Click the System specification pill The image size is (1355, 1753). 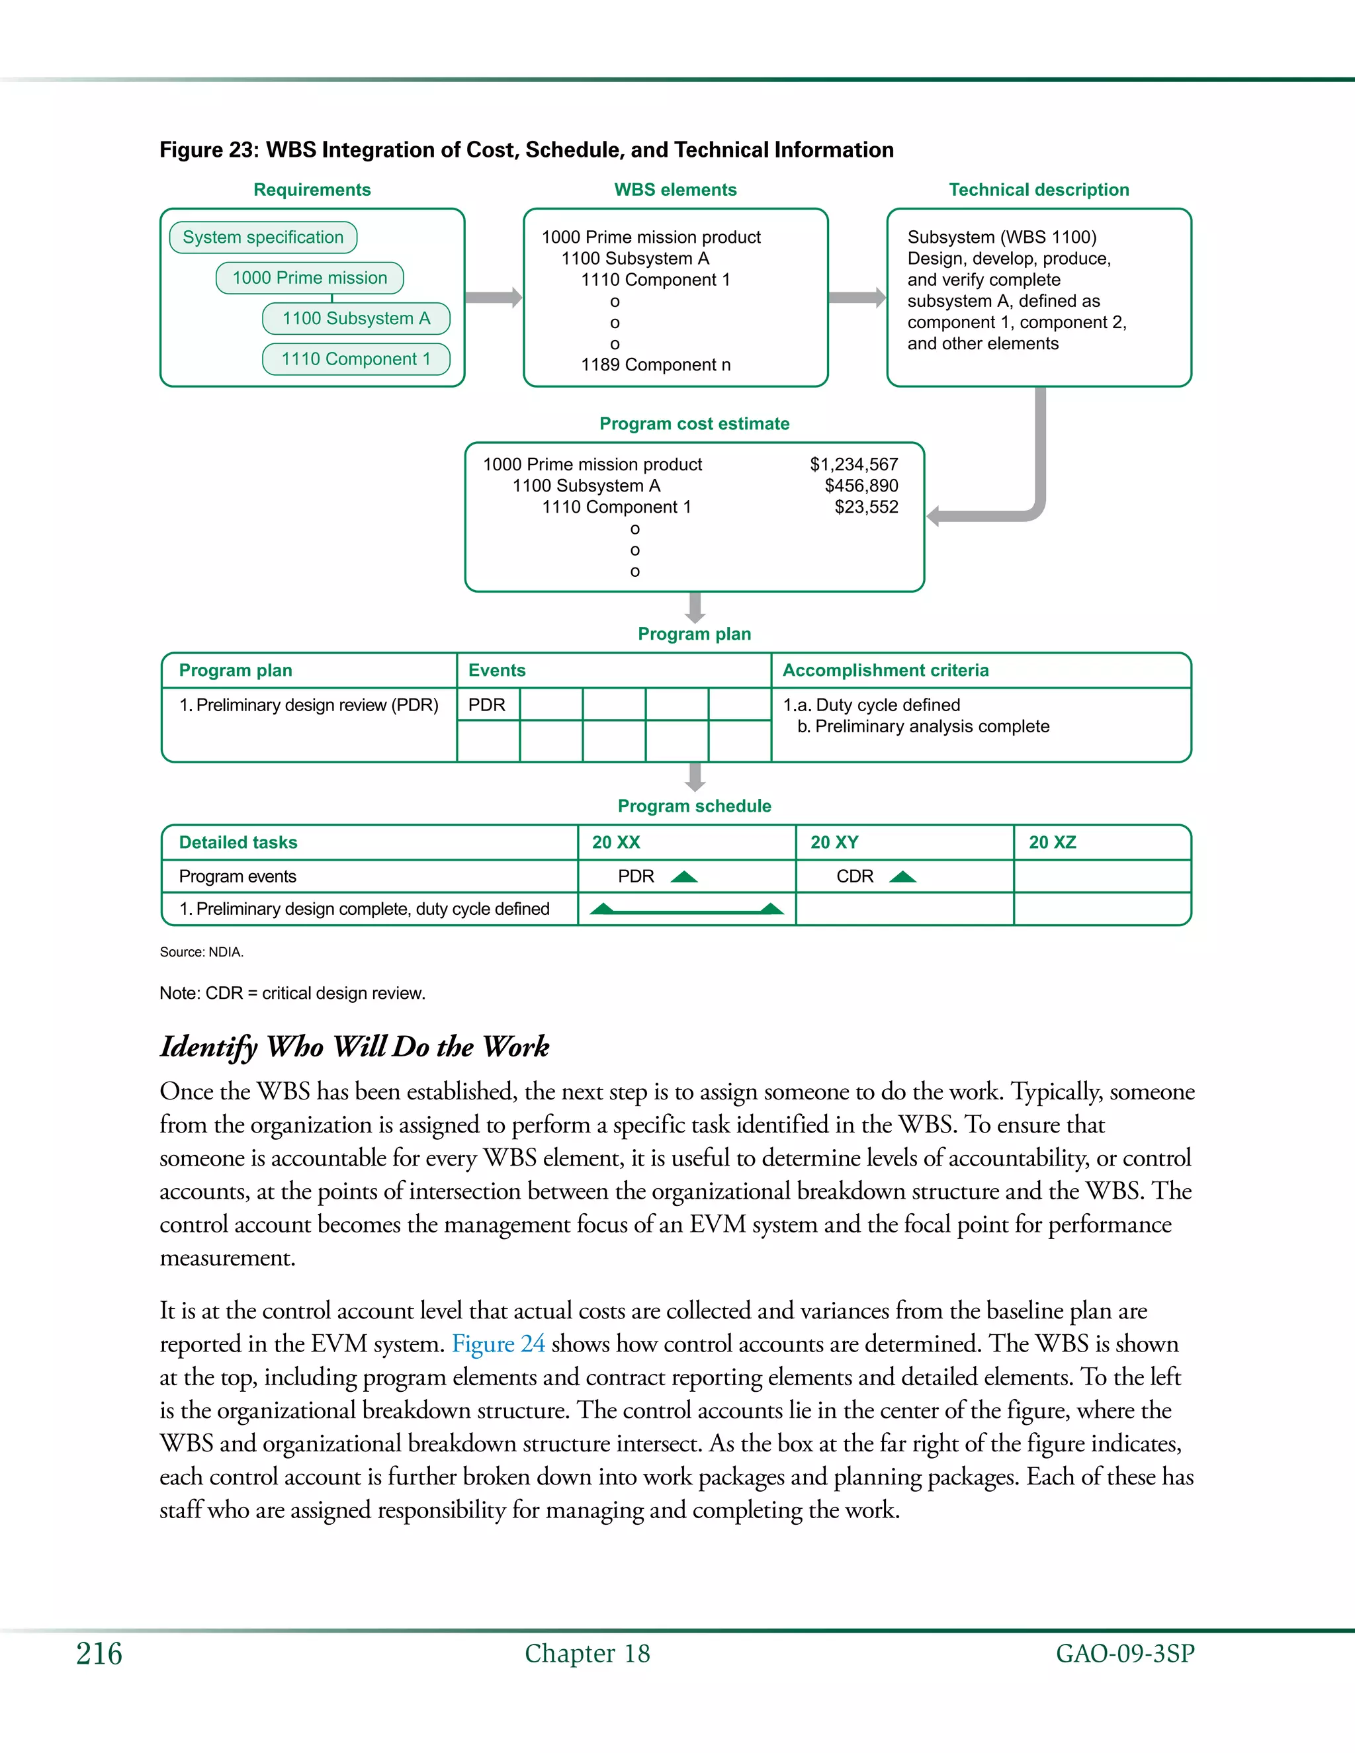tap(263, 237)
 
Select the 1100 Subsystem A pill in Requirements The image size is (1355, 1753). tap(355, 319)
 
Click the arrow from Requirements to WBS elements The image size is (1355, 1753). tap(493, 298)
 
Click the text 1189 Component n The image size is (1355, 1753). tap(655, 365)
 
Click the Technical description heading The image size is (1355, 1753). tap(1038, 191)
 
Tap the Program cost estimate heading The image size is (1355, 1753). tap(693, 424)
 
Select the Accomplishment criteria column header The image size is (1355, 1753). tap(885, 670)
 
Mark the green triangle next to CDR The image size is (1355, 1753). tap(902, 876)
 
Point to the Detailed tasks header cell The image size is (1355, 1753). tap(238, 843)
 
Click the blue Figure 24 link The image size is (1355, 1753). tap(498, 1344)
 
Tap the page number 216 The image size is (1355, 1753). tap(99, 1654)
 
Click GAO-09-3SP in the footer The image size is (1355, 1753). tap(1125, 1654)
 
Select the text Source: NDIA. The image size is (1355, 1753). tap(202, 952)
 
